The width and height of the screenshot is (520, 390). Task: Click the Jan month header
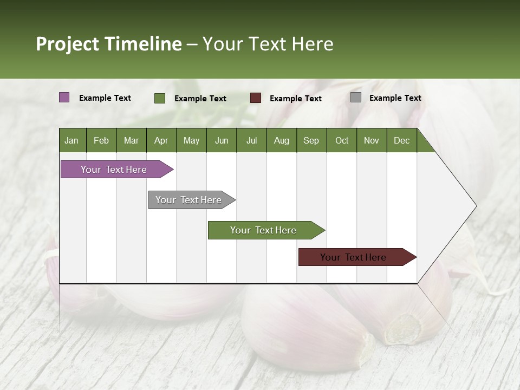tap(71, 140)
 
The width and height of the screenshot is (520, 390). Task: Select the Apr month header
tap(161, 140)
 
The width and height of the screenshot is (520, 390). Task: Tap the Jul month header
tap(251, 140)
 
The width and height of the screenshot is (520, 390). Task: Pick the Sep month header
tap(311, 140)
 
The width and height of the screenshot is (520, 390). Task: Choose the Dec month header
tap(401, 140)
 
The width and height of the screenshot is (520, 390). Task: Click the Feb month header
tap(101, 140)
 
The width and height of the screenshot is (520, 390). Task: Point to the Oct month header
tap(342, 140)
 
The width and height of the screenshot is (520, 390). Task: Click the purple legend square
tap(64, 97)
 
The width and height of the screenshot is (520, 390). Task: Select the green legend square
tap(160, 98)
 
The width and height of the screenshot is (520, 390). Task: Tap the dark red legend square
tap(256, 97)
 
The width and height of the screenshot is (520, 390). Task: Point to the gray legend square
tap(356, 97)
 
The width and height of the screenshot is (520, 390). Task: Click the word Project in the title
tap(68, 44)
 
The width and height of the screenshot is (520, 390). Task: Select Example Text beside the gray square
tap(395, 98)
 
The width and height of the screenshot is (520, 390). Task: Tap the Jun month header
tap(222, 140)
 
